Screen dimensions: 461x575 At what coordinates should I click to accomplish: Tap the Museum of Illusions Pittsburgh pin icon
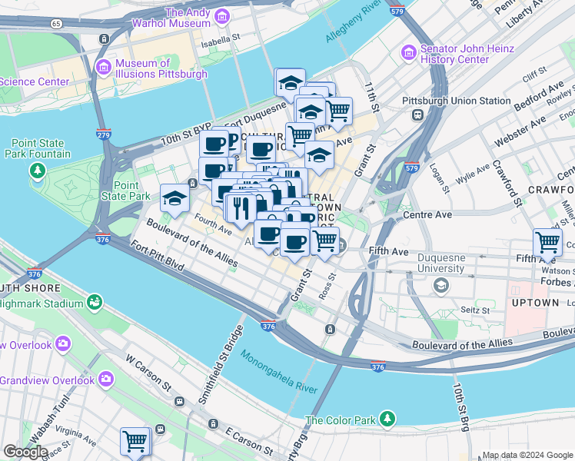(103, 68)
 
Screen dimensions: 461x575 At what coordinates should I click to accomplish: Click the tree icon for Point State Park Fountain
(36, 169)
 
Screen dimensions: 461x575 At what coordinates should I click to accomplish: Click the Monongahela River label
(278, 373)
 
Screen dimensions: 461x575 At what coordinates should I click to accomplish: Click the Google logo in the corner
(25, 451)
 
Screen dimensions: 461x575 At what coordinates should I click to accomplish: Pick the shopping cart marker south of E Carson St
(135, 441)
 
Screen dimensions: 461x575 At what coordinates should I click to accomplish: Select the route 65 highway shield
(55, 24)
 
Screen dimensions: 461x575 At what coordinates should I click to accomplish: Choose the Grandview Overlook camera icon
(105, 379)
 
